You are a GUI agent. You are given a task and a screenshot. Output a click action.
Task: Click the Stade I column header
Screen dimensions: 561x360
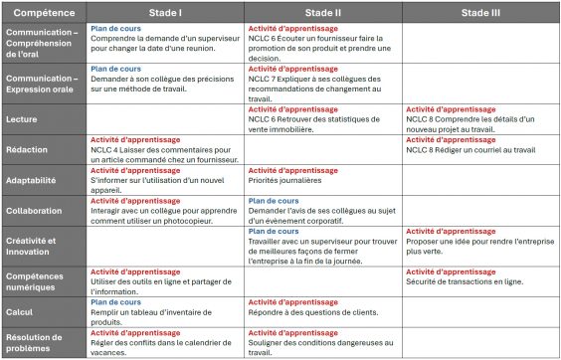click(165, 11)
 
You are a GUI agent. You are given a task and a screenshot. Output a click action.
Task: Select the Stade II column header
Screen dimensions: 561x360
click(322, 11)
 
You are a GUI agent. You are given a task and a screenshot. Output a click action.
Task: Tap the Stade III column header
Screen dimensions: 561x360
click(480, 11)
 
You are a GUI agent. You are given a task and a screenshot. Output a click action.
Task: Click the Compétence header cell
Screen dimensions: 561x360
click(43, 11)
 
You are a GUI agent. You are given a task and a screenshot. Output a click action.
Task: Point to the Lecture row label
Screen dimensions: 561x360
click(23, 118)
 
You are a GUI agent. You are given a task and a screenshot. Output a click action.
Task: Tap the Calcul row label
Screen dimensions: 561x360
click(21, 312)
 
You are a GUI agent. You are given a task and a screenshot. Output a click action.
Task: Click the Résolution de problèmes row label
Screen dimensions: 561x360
click(36, 343)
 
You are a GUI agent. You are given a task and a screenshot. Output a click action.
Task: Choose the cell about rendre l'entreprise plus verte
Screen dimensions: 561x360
click(479, 247)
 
